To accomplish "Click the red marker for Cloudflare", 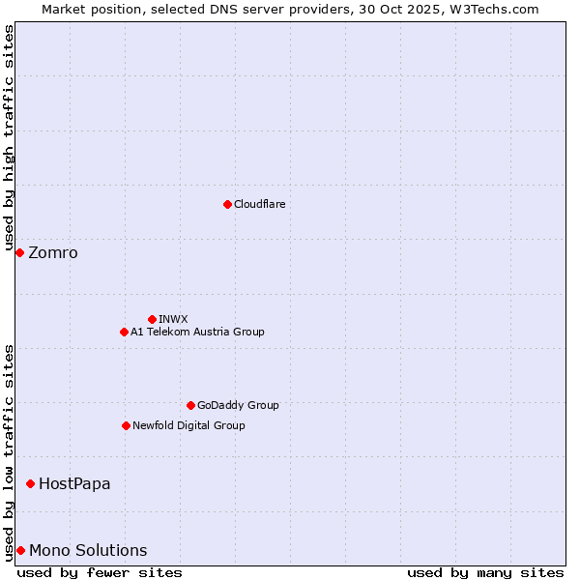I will click(x=227, y=204).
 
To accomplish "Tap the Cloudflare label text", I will click(x=259, y=204).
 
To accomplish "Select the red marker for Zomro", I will click(x=19, y=252).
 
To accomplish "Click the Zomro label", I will click(x=53, y=253).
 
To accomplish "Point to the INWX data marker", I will click(x=152, y=319).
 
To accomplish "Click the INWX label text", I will click(x=173, y=319).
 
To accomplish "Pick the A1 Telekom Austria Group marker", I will click(x=124, y=332).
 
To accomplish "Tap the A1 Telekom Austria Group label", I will click(x=197, y=332).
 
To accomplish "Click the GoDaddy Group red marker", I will click(x=190, y=405).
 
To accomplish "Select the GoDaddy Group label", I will click(x=238, y=405).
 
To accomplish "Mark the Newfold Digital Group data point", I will click(x=126, y=425).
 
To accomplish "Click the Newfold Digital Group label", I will click(x=188, y=425).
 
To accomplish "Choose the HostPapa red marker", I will click(x=31, y=483).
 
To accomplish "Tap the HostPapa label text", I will click(x=74, y=483).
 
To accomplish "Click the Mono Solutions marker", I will click(x=20, y=550).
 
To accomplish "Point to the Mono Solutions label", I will click(x=88, y=551).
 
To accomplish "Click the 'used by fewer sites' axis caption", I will click(x=100, y=572).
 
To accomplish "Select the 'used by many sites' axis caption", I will click(x=485, y=572).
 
